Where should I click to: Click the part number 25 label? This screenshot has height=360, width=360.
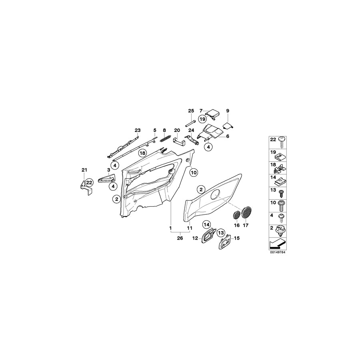(x=191, y=110)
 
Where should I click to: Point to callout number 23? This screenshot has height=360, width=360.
(x=138, y=130)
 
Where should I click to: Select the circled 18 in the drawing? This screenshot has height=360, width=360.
(x=142, y=153)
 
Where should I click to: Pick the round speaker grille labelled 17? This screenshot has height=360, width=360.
(x=246, y=212)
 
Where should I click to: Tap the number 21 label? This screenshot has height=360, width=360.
(x=84, y=171)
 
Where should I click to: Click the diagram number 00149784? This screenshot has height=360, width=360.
(x=279, y=253)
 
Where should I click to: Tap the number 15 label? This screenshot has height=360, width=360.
(x=236, y=238)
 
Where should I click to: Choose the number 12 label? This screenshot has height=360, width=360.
(x=195, y=238)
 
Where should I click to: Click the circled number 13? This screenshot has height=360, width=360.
(x=221, y=232)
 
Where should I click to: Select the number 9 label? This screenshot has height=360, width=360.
(x=228, y=110)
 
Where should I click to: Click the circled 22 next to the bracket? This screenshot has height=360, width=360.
(x=89, y=182)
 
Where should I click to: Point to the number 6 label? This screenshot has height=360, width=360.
(x=228, y=136)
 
